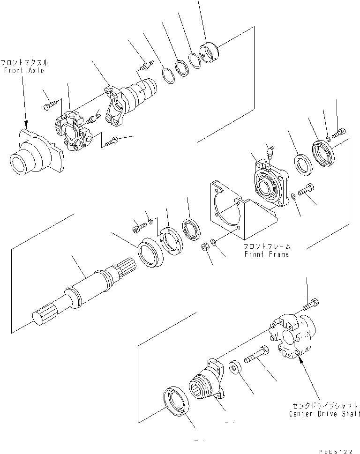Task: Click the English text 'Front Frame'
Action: (267, 254)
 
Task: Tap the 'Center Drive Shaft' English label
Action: (325, 414)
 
